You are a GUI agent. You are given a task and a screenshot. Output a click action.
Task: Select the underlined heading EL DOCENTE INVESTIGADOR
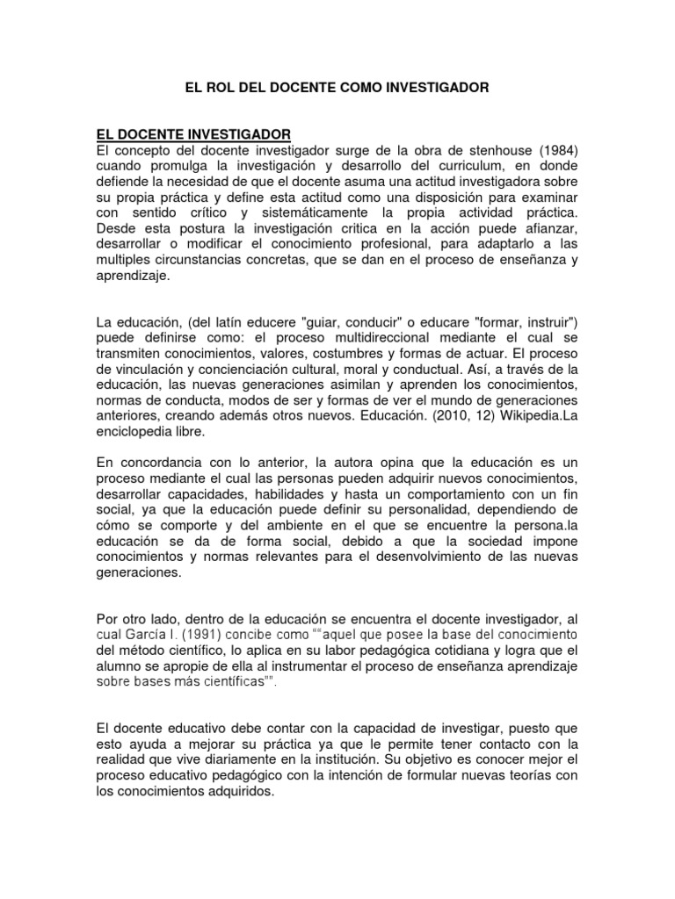point(193,134)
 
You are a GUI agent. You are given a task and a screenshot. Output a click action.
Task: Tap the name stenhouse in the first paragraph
point(488,150)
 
